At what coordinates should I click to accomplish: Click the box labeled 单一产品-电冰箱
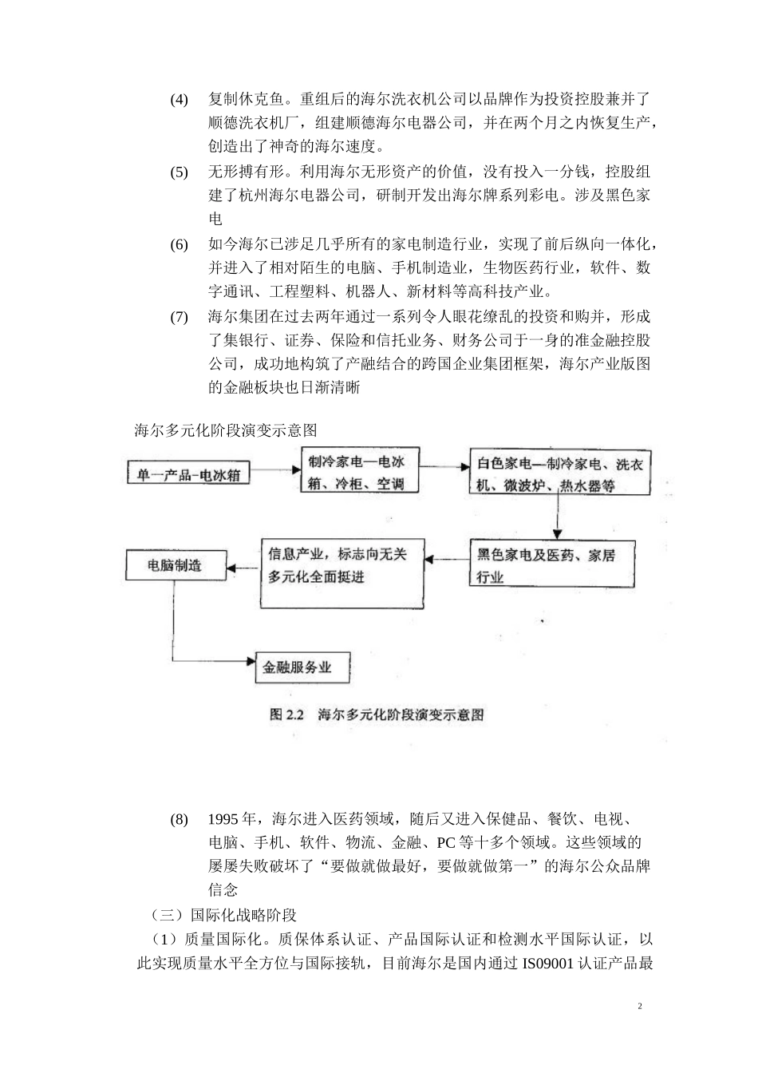click(x=188, y=474)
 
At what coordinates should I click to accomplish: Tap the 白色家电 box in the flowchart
click(x=559, y=474)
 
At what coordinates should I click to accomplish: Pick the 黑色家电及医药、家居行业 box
click(x=551, y=564)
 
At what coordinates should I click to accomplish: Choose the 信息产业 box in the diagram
click(x=342, y=572)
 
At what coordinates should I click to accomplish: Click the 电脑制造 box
click(x=175, y=566)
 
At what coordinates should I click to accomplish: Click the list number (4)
click(x=179, y=100)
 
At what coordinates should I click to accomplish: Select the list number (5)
click(x=179, y=172)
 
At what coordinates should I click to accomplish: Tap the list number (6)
click(x=179, y=244)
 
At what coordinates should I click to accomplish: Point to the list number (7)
click(x=179, y=317)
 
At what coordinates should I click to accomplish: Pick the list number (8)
click(x=179, y=820)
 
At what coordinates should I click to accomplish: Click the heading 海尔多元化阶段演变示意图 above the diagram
click(x=226, y=430)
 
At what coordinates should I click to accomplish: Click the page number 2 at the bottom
click(x=640, y=1007)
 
